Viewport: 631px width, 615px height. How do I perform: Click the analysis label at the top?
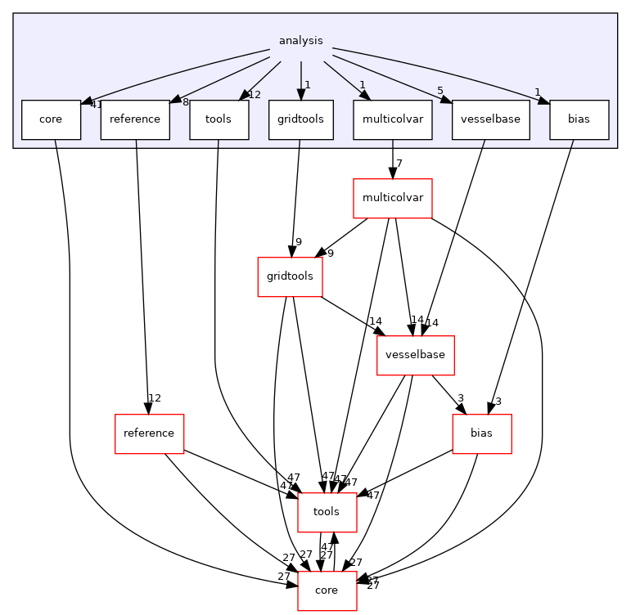click(x=300, y=40)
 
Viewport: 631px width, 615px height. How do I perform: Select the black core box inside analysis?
click(x=51, y=119)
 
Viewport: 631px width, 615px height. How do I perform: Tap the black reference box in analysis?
click(x=135, y=119)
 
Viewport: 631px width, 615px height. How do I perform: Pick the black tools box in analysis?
click(x=219, y=119)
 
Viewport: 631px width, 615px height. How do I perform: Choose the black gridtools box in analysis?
click(x=300, y=119)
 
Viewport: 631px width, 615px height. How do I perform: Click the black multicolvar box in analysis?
click(x=392, y=119)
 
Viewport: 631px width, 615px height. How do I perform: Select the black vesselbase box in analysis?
click(x=490, y=119)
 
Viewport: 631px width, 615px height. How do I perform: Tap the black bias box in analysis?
click(x=579, y=119)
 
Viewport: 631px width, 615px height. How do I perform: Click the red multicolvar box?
click(x=392, y=198)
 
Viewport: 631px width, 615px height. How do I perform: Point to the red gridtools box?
click(x=290, y=277)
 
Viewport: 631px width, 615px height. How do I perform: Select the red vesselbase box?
click(x=415, y=356)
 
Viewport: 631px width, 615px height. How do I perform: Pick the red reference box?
click(x=148, y=433)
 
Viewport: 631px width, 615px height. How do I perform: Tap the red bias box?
click(x=482, y=433)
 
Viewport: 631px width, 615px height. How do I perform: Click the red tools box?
click(x=327, y=512)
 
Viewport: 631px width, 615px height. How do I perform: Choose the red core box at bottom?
click(x=327, y=590)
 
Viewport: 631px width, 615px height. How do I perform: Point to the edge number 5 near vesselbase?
click(x=440, y=92)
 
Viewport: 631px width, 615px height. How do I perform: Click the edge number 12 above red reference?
click(x=154, y=398)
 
